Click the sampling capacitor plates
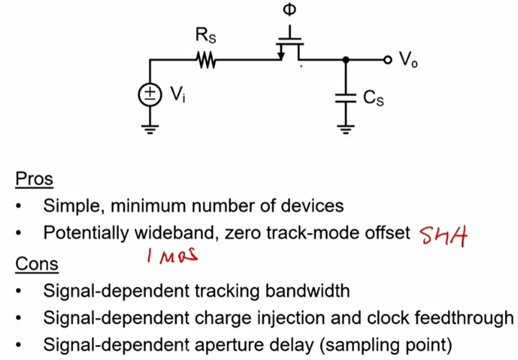click(x=346, y=97)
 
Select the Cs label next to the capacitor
click(x=373, y=99)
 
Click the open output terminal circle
click(x=387, y=60)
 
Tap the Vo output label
click(x=409, y=61)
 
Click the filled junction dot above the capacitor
click(x=346, y=61)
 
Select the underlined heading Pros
click(x=34, y=179)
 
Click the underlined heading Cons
click(x=36, y=264)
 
